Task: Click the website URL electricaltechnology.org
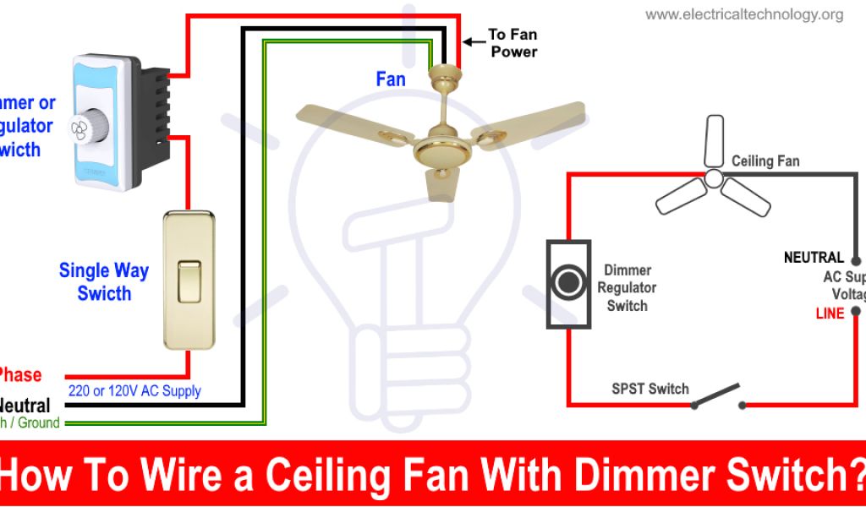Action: (744, 14)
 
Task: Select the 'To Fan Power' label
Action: (512, 43)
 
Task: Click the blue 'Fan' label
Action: (391, 79)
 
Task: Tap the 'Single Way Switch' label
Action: (104, 282)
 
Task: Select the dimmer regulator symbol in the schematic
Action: (567, 284)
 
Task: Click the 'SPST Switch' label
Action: (650, 389)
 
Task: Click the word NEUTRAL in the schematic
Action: (814, 257)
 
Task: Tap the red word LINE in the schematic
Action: (830, 313)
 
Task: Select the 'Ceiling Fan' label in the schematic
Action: (765, 161)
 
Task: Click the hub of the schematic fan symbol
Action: (713, 178)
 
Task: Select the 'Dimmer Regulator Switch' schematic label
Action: (627, 288)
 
